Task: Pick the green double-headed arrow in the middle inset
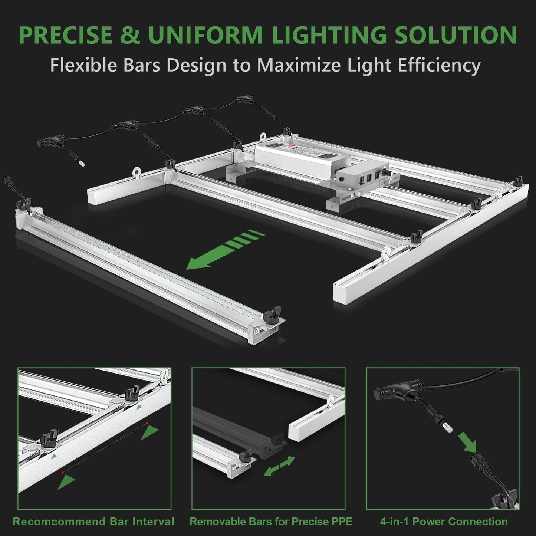pyautogui.click(x=279, y=466)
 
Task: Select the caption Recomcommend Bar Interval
pyautogui.click(x=93, y=522)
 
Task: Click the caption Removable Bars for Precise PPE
pyautogui.click(x=271, y=522)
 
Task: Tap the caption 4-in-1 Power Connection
pyautogui.click(x=444, y=522)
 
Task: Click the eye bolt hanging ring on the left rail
pyautogui.click(x=136, y=172)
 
